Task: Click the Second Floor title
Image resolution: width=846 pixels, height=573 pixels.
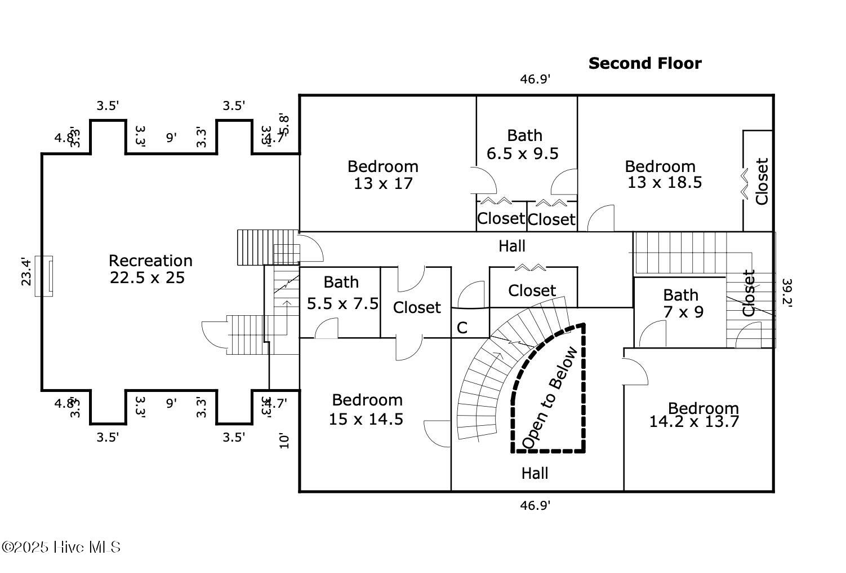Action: pos(645,63)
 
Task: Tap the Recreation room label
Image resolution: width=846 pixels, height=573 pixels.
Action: pos(150,269)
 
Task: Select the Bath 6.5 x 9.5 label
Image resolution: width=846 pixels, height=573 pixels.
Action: pos(523,144)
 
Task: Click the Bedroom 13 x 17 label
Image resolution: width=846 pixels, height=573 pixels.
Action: pos(383,175)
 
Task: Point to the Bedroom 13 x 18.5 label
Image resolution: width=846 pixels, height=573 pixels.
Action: pos(663,174)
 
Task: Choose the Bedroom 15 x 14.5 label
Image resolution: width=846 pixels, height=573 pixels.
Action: pos(367,409)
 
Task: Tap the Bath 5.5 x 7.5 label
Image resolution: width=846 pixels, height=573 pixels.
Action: pos(342,293)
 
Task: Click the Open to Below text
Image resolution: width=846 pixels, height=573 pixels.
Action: pos(549,398)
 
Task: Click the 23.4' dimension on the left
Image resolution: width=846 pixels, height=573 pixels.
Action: pos(26,271)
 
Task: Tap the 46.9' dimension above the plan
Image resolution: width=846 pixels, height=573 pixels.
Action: pos(535,79)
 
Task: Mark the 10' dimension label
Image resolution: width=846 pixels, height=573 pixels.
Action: pos(283,440)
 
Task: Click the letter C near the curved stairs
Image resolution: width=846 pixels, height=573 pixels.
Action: pos(462,328)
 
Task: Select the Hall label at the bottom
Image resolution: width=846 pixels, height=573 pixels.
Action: pos(535,473)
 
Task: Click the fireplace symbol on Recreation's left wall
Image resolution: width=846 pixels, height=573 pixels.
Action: pos(44,276)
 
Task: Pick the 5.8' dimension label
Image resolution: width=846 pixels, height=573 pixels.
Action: pos(285,125)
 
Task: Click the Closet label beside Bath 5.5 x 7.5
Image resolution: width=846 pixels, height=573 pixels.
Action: pos(417,307)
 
